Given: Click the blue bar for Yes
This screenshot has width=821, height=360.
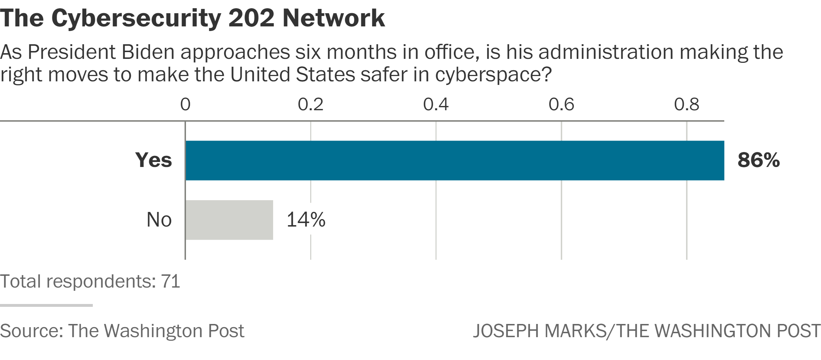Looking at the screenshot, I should (454, 161).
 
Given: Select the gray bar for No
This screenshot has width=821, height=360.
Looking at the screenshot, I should (229, 220).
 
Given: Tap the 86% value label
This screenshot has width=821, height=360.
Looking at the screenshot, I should (759, 160).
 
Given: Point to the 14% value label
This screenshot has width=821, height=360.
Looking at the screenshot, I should (306, 219).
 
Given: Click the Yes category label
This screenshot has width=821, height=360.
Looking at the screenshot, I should (153, 160).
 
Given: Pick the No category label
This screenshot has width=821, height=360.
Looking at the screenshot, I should (159, 219).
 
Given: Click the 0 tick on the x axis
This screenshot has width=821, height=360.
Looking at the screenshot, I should (185, 105).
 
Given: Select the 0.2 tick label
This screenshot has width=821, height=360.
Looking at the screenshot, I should (311, 105).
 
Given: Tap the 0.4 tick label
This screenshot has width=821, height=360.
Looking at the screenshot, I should (436, 105).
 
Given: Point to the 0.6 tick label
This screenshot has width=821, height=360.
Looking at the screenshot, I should (561, 105).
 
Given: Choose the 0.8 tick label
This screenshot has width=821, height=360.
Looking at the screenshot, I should (686, 105).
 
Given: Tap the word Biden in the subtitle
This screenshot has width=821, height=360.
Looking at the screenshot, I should (148, 52).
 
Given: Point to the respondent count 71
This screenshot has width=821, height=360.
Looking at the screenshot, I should (171, 282).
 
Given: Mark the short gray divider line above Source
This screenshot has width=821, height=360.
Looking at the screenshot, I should (46, 305).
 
